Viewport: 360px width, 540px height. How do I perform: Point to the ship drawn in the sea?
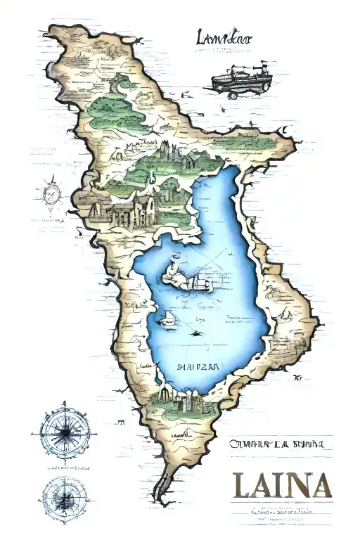[x=240, y=79]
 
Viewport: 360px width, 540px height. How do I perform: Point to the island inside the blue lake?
[x=190, y=279]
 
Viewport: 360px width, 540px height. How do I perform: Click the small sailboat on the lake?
[x=169, y=320]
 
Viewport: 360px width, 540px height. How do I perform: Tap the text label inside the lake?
[x=198, y=367]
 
